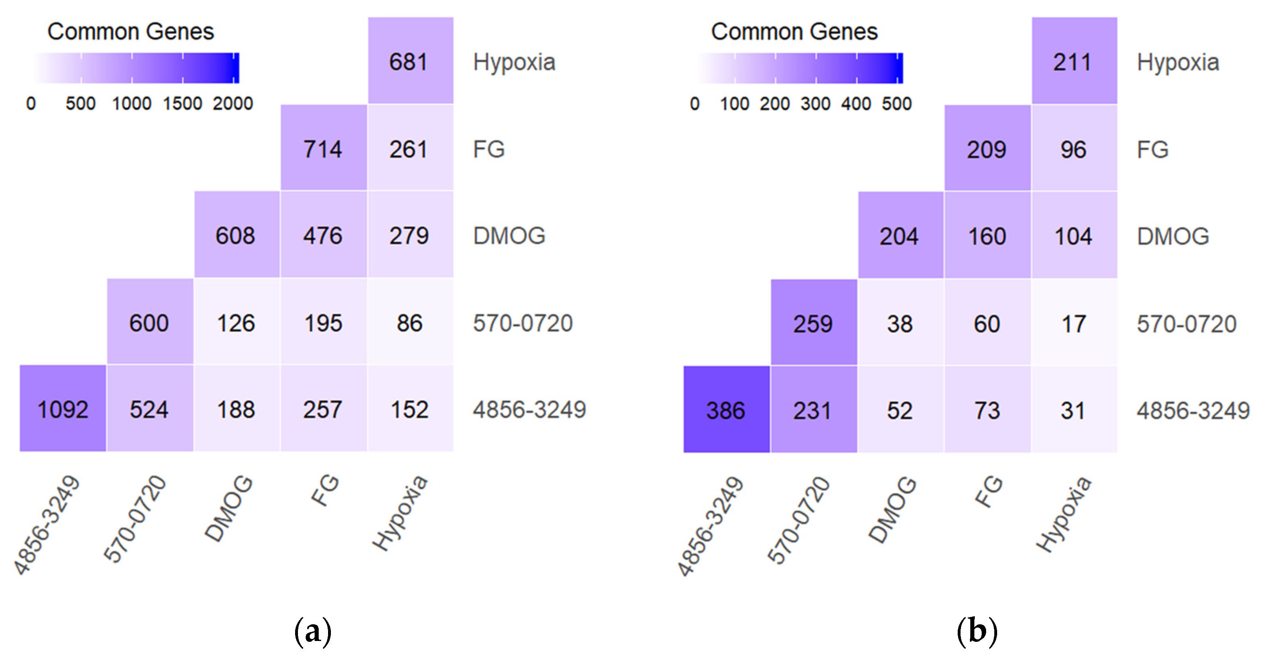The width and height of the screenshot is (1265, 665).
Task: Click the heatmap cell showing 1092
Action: [63, 409]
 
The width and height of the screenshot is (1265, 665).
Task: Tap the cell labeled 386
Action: [726, 409]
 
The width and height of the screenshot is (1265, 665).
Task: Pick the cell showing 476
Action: [323, 235]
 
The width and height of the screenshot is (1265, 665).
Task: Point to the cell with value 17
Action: [1074, 323]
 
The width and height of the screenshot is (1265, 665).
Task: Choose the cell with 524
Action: [150, 409]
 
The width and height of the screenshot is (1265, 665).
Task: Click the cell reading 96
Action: [1074, 149]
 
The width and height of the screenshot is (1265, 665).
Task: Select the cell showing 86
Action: [410, 322]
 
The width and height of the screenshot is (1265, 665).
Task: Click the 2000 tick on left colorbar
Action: [233, 104]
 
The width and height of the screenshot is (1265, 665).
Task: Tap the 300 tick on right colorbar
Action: [815, 104]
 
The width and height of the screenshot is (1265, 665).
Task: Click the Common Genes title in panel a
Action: [130, 31]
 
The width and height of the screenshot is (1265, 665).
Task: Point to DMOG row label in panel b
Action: [1173, 236]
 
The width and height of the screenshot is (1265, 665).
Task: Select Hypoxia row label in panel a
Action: [514, 62]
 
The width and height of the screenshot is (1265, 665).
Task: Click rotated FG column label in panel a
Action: [325, 490]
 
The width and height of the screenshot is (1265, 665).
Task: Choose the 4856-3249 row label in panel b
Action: [1193, 410]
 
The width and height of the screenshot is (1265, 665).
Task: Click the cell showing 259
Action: [813, 323]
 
